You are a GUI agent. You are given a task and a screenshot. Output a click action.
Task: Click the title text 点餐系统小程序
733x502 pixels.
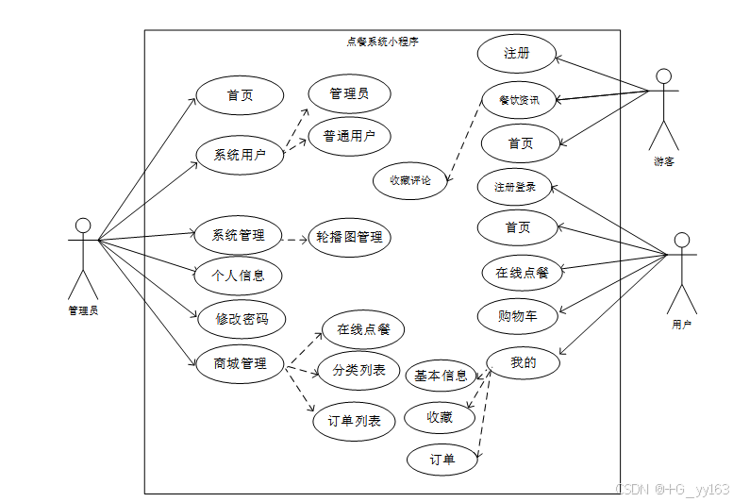382,42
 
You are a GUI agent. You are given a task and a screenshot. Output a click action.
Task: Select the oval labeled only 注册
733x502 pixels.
516,54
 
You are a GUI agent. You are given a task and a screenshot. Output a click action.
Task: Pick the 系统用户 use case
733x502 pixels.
239,156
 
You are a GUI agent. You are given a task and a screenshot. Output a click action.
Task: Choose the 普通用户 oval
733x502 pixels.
349,137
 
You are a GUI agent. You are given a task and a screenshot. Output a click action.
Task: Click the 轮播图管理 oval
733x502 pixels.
349,237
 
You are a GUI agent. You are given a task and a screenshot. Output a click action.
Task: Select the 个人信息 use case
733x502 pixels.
239,276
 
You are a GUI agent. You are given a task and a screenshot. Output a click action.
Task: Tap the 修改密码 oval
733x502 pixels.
241,319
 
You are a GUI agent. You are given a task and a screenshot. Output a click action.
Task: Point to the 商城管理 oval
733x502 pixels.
240,363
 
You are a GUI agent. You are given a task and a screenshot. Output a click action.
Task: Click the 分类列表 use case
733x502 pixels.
358,371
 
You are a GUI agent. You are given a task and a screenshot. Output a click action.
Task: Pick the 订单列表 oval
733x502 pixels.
354,421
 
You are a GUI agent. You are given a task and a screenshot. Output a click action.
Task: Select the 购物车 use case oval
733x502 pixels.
518,316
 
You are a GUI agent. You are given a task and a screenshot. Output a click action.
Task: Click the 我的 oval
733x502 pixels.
524,361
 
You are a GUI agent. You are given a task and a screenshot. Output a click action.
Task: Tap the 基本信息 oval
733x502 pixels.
441,376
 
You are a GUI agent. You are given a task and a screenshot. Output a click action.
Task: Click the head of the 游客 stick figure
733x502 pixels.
664,76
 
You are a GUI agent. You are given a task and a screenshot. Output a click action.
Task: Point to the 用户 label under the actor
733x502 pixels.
681,325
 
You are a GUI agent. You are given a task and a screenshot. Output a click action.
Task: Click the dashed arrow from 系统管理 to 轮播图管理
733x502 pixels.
297,237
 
